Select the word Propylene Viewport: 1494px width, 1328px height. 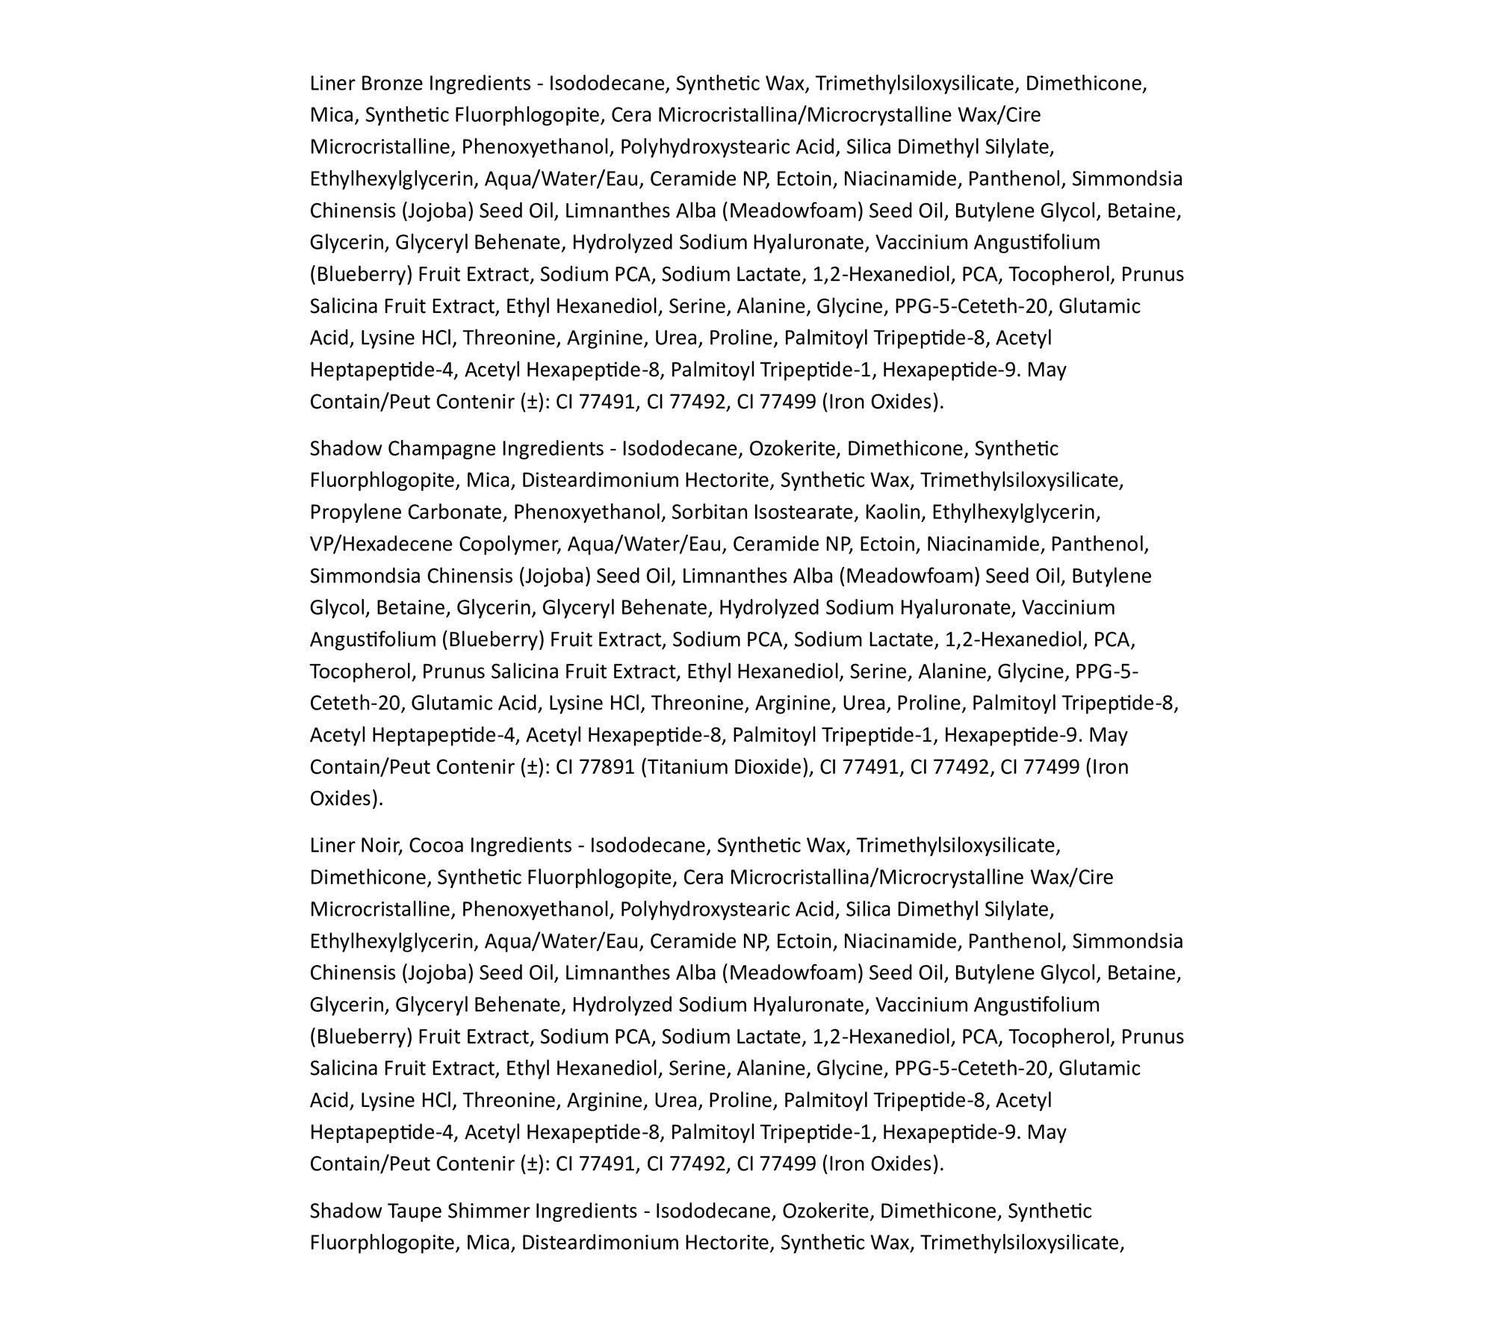356,512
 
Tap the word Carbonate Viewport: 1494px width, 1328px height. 456,512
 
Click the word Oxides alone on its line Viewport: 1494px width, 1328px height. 344,799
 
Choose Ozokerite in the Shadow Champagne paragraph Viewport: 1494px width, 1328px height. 794,449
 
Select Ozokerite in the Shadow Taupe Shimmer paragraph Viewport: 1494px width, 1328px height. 827,1211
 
